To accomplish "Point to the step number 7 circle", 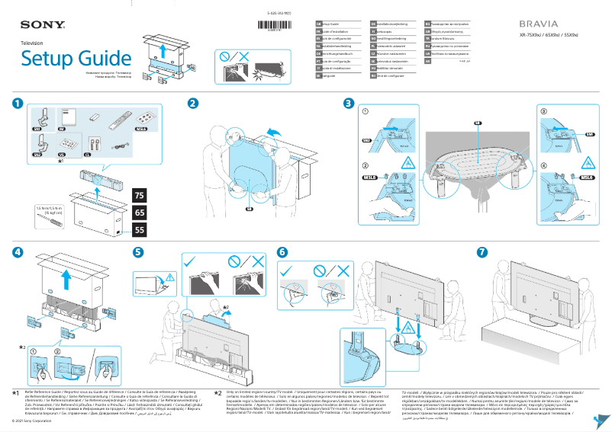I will (x=482, y=252).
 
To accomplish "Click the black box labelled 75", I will (x=139, y=196).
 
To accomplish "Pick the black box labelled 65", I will (x=139, y=213).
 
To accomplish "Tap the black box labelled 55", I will (x=139, y=229).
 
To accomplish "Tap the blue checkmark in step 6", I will (x=287, y=270).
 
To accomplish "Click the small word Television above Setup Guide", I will (x=32, y=43).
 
